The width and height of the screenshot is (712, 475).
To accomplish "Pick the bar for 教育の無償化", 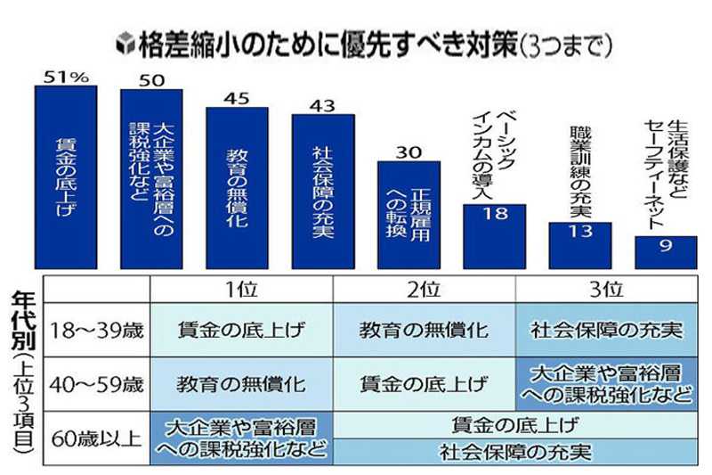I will point(238,187).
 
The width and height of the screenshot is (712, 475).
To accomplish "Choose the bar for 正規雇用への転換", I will point(409,215).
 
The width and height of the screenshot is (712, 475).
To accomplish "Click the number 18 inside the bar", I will point(494,215).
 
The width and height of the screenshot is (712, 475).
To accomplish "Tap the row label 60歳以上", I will point(97,438).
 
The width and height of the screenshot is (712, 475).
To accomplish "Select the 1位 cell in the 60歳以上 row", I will point(241,438).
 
